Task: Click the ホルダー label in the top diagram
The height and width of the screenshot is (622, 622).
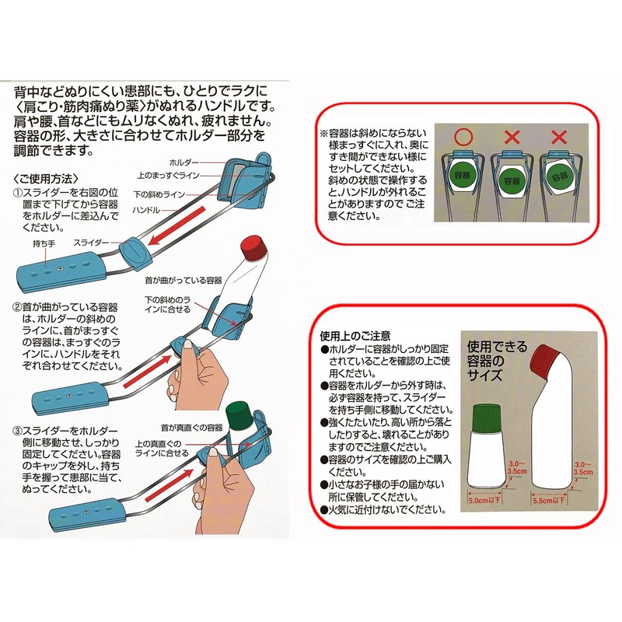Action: pos(184,162)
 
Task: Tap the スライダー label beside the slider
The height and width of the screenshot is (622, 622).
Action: pos(91,243)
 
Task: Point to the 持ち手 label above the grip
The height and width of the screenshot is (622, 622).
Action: pos(44,243)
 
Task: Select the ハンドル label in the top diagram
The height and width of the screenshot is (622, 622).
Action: pos(146,210)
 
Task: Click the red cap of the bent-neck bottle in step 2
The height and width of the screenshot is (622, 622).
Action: pos(253,248)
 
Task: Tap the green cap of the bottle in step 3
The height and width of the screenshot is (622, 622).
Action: pos(238,415)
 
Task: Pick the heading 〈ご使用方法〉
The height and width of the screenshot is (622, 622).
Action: pos(46,179)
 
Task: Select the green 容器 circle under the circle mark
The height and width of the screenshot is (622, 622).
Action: pos(462,174)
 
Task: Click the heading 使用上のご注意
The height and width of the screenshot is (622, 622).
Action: pos(355,336)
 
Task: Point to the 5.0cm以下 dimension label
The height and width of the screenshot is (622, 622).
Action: pos(484,500)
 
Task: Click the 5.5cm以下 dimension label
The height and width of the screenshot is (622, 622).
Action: pos(549,500)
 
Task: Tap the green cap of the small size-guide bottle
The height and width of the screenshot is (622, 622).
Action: pos(487,418)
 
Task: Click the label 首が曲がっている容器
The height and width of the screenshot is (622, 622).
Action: pos(183,281)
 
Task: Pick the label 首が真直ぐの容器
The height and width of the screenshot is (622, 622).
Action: pos(191,428)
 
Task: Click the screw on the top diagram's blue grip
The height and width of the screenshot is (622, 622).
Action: pos(61,269)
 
